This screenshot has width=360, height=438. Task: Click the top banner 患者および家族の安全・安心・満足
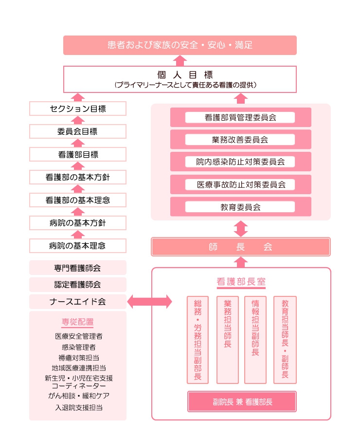[180, 45]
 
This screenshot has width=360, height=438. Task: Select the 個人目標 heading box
[180, 79]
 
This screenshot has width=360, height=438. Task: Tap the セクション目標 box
[78, 109]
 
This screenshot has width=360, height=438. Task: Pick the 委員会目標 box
[78, 131]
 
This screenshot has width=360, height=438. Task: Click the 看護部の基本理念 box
[78, 200]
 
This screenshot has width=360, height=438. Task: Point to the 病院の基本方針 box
[78, 223]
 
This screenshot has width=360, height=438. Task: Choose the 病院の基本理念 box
[78, 246]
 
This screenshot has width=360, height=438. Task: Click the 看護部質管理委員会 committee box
[240, 117]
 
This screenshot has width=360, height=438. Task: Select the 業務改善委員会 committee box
[240, 139]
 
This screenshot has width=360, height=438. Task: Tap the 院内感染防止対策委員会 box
[240, 162]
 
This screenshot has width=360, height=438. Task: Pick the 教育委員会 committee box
[240, 207]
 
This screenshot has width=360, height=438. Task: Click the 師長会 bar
[241, 247]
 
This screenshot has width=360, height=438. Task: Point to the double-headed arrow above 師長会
[241, 229]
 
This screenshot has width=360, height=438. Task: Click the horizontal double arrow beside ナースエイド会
[149, 301]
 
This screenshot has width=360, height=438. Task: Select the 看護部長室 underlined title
[241, 282]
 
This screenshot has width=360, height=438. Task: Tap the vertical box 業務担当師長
[228, 340]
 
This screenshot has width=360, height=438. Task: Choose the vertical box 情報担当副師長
[255, 340]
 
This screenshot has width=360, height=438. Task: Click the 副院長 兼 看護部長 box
[242, 401]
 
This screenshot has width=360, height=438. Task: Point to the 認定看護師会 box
[78, 285]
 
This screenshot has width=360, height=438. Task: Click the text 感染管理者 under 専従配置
[79, 347]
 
